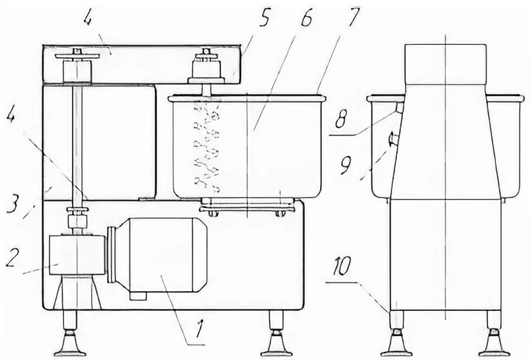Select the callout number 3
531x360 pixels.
click(12, 203)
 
